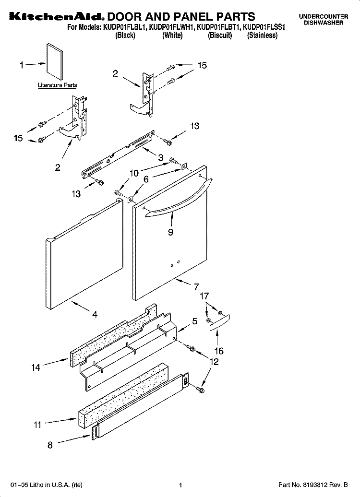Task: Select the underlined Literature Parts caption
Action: [x=57, y=85]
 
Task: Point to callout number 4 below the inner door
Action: [x=95, y=315]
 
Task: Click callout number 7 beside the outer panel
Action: [x=196, y=287]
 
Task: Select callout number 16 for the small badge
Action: [x=218, y=351]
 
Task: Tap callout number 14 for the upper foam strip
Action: [x=36, y=367]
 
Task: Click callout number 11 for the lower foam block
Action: [x=37, y=424]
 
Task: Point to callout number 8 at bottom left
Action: [x=51, y=445]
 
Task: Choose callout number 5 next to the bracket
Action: [x=194, y=322]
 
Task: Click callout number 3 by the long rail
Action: [x=160, y=157]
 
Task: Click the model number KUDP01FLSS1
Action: [x=263, y=28]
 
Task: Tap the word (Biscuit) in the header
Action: [x=220, y=35]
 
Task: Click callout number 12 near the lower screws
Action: [x=214, y=362]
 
